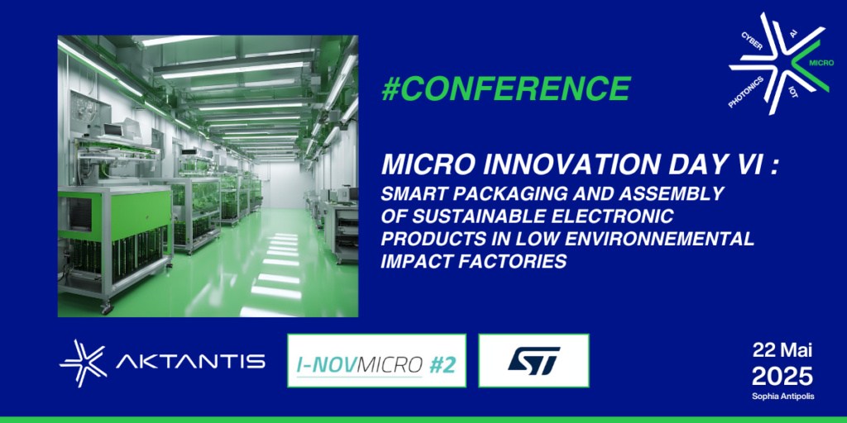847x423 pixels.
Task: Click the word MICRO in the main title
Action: (x=423, y=166)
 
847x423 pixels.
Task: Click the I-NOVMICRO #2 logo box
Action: (x=376, y=361)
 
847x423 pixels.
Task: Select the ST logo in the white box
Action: (x=534, y=361)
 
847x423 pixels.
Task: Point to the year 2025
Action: (x=782, y=377)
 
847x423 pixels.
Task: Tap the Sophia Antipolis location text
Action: (x=782, y=397)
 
